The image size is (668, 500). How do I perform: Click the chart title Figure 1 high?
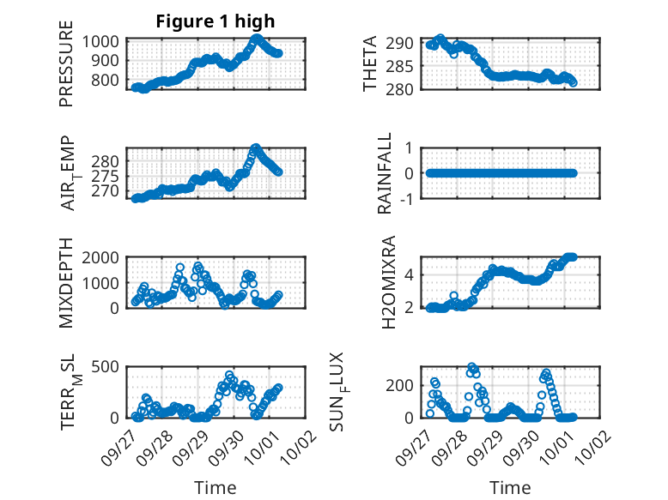point(215,21)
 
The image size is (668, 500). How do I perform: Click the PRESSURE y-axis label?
point(66,70)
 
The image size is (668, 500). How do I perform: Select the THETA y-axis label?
point(370,64)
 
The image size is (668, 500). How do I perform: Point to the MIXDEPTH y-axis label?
point(66,284)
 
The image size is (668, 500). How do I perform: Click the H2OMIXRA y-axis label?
point(387,282)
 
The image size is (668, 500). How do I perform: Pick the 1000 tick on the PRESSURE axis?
point(105,41)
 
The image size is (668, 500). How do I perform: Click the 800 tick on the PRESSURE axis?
point(109,80)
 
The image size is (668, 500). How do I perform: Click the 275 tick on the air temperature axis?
point(109,176)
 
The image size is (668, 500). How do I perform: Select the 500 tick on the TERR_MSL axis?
point(109,368)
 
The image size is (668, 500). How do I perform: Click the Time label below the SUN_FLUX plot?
point(510,487)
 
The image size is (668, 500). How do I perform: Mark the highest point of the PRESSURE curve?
point(256,39)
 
